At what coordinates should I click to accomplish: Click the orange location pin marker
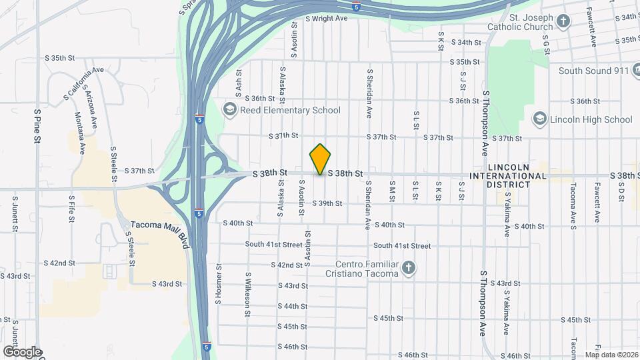pyautogui.click(x=321, y=159)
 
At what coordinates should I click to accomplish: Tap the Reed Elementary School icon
pyautogui.click(x=230, y=110)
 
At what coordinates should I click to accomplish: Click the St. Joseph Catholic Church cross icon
pyautogui.click(x=563, y=22)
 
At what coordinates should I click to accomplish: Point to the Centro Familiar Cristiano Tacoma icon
pyautogui.click(x=409, y=268)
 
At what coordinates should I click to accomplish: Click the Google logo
pyautogui.click(x=22, y=352)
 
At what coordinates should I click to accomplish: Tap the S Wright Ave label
pyautogui.click(x=327, y=18)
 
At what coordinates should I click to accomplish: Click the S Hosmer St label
pyautogui.click(x=218, y=283)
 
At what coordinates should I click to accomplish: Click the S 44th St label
pyautogui.click(x=293, y=306)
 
